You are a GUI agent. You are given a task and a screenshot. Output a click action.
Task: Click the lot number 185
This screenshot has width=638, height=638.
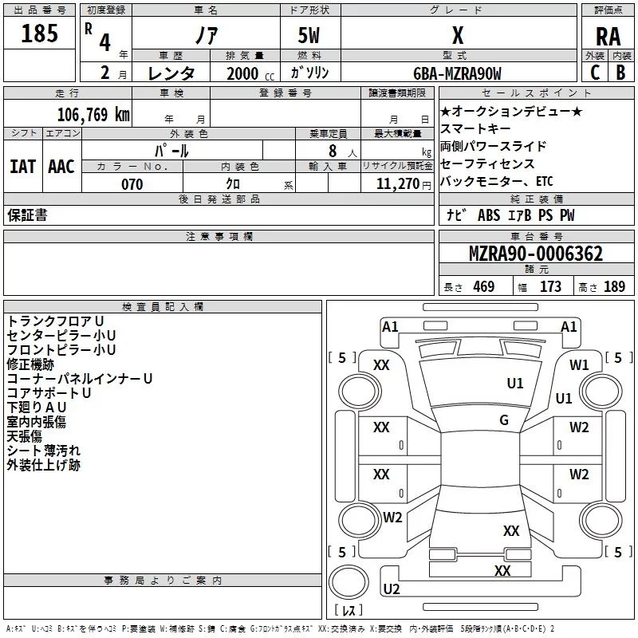click(40, 34)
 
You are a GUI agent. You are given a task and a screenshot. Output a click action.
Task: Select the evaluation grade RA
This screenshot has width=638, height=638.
click(608, 37)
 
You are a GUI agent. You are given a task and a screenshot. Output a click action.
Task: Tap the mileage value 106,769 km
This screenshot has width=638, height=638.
click(93, 114)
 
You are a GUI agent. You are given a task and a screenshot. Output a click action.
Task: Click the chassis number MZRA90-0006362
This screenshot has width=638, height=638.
click(535, 254)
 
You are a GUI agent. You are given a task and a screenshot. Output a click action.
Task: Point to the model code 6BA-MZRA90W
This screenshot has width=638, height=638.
click(458, 73)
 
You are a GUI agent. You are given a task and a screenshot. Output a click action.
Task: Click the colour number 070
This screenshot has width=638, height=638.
click(132, 184)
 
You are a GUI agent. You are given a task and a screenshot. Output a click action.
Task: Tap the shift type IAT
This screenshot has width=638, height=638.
click(22, 167)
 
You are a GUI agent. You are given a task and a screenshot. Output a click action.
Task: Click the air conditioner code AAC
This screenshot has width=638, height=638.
click(61, 167)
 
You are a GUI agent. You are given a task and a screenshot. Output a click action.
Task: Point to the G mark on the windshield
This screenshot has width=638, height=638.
click(504, 420)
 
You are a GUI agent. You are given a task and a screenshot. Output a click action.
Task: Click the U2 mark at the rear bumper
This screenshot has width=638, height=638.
click(392, 589)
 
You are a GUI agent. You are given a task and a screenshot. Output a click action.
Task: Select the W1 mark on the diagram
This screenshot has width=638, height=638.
click(579, 365)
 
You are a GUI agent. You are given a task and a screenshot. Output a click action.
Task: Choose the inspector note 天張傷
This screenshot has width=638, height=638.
click(26, 436)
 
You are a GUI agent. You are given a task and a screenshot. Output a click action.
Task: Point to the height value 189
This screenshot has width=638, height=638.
click(615, 287)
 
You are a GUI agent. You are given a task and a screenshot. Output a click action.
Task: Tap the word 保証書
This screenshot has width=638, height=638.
click(27, 215)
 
